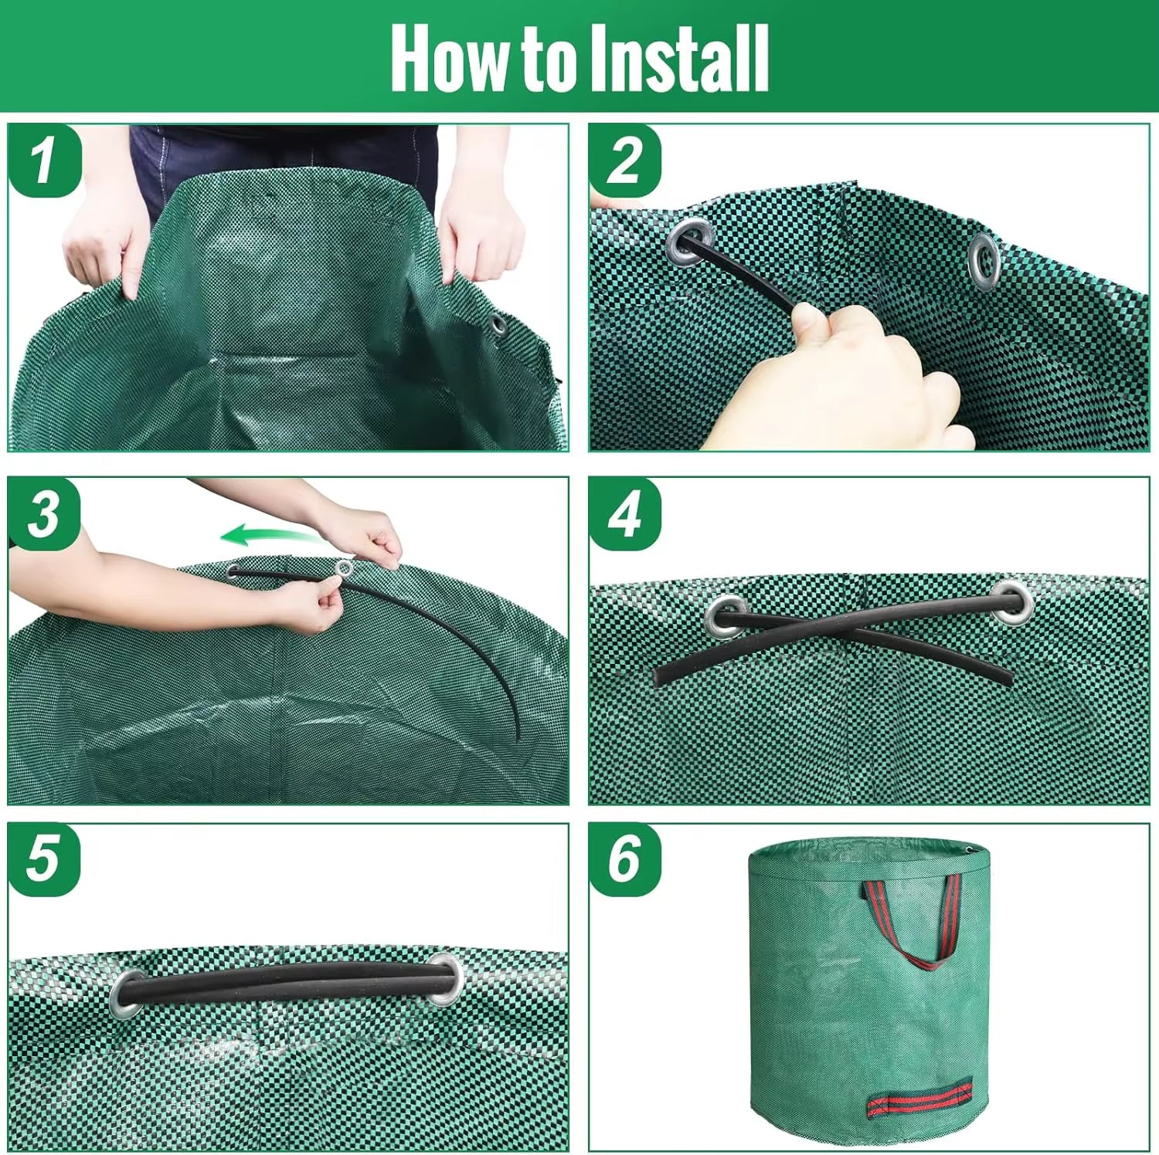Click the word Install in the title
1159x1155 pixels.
[678, 59]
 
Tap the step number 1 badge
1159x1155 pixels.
[44, 161]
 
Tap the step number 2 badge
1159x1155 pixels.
[625, 161]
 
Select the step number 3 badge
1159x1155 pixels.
[44, 513]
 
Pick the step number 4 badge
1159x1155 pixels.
[625, 513]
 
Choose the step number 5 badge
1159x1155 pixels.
[44, 859]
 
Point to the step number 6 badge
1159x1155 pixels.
[625, 859]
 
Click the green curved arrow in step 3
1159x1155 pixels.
[267, 534]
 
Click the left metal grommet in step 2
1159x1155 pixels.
[688, 241]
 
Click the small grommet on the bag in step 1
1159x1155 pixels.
[497, 325]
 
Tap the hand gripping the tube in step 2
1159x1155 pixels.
[850, 371]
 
